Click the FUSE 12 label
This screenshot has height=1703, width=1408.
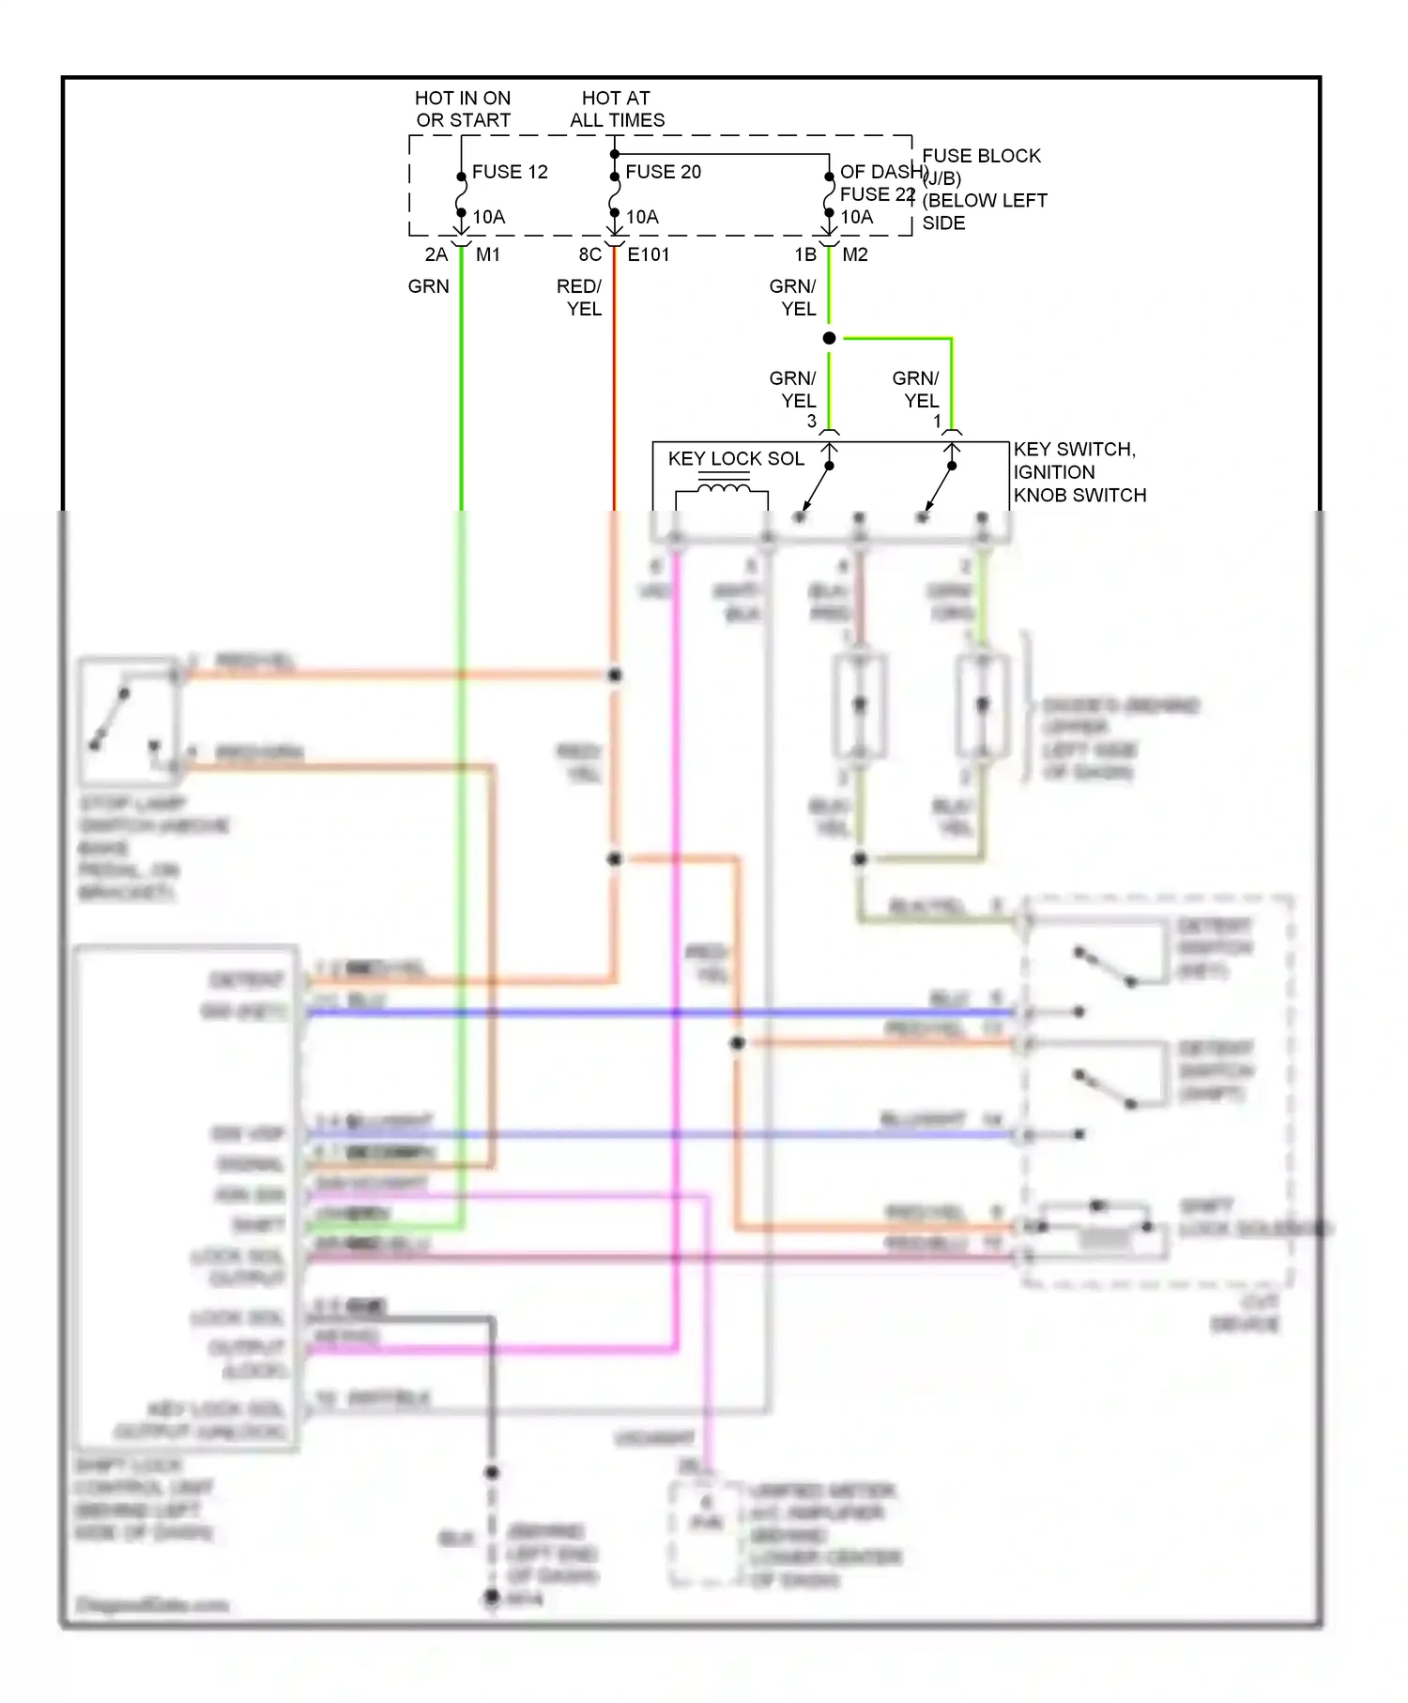point(509,172)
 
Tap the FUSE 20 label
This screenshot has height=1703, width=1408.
point(663,172)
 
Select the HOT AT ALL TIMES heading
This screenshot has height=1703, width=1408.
point(617,109)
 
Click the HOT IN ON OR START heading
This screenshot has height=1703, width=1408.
point(463,109)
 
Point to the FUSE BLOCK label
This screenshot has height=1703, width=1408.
point(981,156)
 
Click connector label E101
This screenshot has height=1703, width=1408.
point(648,254)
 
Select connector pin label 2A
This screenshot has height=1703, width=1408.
point(436,254)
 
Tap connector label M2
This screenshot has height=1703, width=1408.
point(854,254)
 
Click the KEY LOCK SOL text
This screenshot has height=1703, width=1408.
point(736,458)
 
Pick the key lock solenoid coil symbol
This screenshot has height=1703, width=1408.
point(723,489)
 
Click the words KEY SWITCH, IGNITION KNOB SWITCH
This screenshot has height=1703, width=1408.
point(1079,472)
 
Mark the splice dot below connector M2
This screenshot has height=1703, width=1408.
point(829,338)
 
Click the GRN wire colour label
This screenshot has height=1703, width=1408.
point(428,286)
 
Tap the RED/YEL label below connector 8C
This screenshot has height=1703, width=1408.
point(580,297)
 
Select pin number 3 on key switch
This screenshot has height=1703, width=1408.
point(812,422)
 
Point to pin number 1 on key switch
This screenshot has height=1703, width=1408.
point(937,422)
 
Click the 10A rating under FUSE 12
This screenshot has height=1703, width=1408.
point(488,217)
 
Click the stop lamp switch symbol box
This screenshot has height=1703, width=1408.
point(129,721)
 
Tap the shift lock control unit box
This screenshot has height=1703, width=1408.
point(187,1198)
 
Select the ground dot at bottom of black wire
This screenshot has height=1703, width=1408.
point(492,1596)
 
